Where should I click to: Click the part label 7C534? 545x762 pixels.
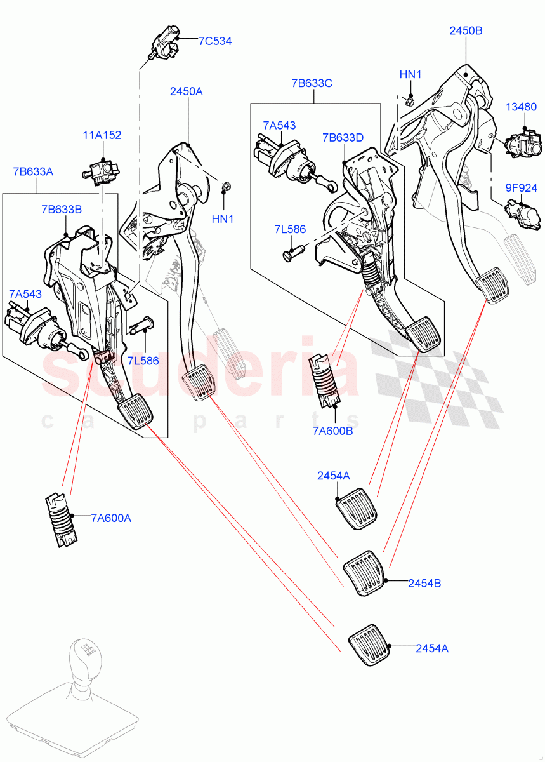tap(214, 41)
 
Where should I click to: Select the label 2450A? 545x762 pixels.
tap(186, 91)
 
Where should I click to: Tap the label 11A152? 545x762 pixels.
tap(102, 135)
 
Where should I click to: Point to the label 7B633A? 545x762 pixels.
tap(32, 171)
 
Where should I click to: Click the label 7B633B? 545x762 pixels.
tap(62, 209)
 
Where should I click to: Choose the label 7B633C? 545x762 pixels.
tap(312, 83)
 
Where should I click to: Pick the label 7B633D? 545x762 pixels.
tap(343, 137)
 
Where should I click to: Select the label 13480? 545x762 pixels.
tap(521, 108)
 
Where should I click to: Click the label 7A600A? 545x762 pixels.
tap(110, 518)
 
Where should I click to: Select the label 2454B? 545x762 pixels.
tap(424, 583)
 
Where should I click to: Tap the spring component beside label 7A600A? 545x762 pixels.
tap(63, 520)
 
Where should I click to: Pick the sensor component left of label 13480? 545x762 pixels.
tap(522, 144)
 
